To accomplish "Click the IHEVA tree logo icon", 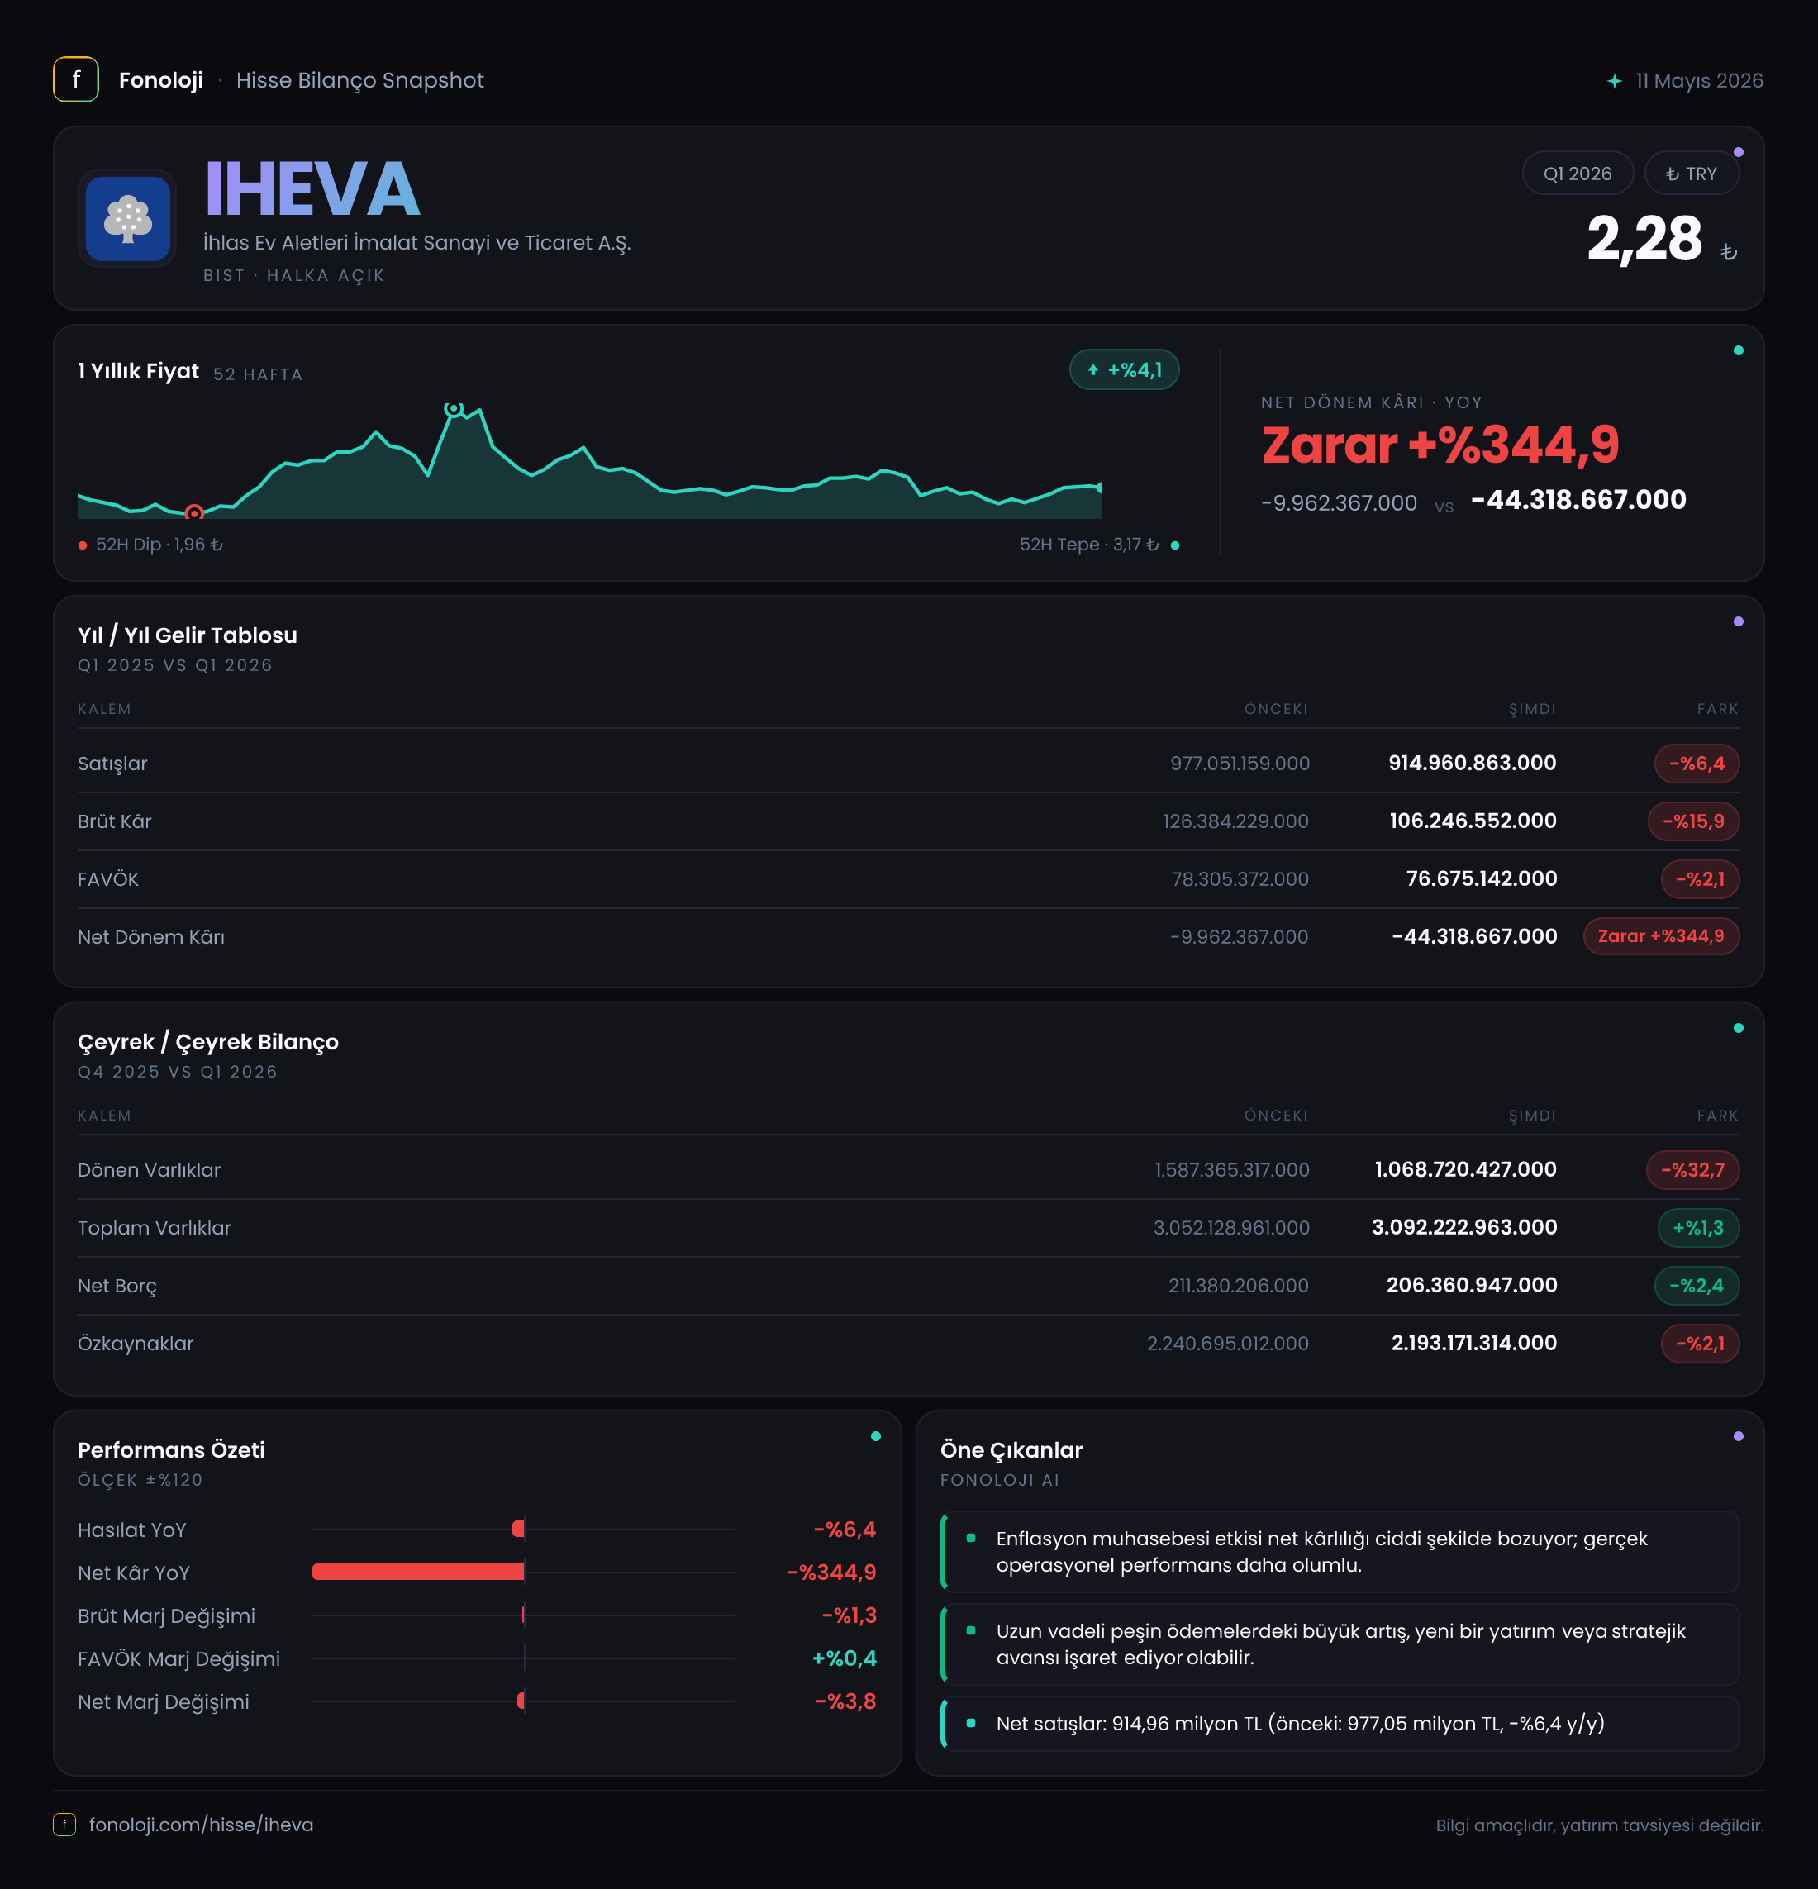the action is [x=127, y=219].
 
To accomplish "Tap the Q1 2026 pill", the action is [x=1577, y=174].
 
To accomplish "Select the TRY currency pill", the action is [x=1692, y=174].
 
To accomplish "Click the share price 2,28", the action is [x=1644, y=238].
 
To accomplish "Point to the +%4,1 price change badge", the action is [x=1124, y=370].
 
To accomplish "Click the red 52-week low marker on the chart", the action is [x=193, y=512].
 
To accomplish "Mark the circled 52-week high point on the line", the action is [x=453, y=409].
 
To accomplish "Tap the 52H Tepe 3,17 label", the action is [x=1089, y=545].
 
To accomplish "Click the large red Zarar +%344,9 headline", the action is [x=1440, y=445].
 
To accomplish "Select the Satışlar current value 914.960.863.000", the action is [x=1472, y=764].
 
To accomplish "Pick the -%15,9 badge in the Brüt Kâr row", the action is [x=1694, y=821].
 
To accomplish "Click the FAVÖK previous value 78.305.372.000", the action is [x=1240, y=879].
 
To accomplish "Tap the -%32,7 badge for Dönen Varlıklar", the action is [x=1692, y=1170].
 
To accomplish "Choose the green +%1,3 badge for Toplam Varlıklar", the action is [x=1698, y=1228].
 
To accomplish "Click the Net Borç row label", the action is [x=117, y=1286].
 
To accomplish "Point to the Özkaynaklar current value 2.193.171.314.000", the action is [x=1474, y=1344].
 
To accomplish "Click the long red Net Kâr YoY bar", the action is [x=418, y=1572].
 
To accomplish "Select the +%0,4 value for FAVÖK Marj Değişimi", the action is [x=845, y=1658].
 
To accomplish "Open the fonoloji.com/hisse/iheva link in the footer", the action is [x=202, y=1825].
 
